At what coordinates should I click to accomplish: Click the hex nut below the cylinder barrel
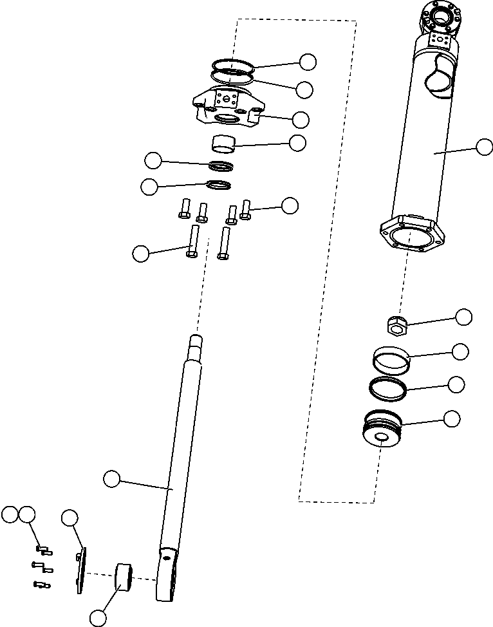point(397,326)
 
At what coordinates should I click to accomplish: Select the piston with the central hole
point(382,431)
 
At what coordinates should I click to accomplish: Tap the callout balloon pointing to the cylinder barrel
point(485,147)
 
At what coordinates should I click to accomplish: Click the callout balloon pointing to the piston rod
point(112,478)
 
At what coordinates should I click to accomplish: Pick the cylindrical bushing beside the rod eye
point(122,576)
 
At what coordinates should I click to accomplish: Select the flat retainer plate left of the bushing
point(80,570)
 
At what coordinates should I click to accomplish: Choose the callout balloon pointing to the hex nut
point(463,317)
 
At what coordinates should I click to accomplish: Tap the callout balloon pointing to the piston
point(452,418)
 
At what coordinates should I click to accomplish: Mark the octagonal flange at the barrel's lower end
point(411,235)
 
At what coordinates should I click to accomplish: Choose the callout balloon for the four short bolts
point(290,205)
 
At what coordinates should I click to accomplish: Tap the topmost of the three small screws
point(43,550)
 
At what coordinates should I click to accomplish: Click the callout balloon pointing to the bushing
point(98,618)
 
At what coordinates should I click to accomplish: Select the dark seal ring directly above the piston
point(387,388)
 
